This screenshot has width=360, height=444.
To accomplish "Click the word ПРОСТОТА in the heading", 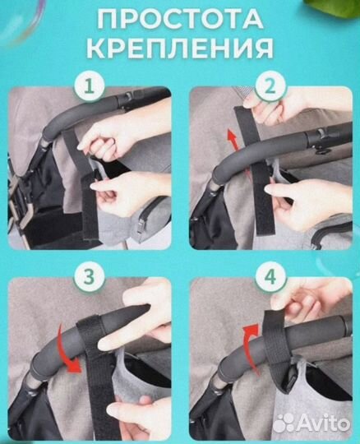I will coord(180,17).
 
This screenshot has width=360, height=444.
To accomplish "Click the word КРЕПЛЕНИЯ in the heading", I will coord(180,47).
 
